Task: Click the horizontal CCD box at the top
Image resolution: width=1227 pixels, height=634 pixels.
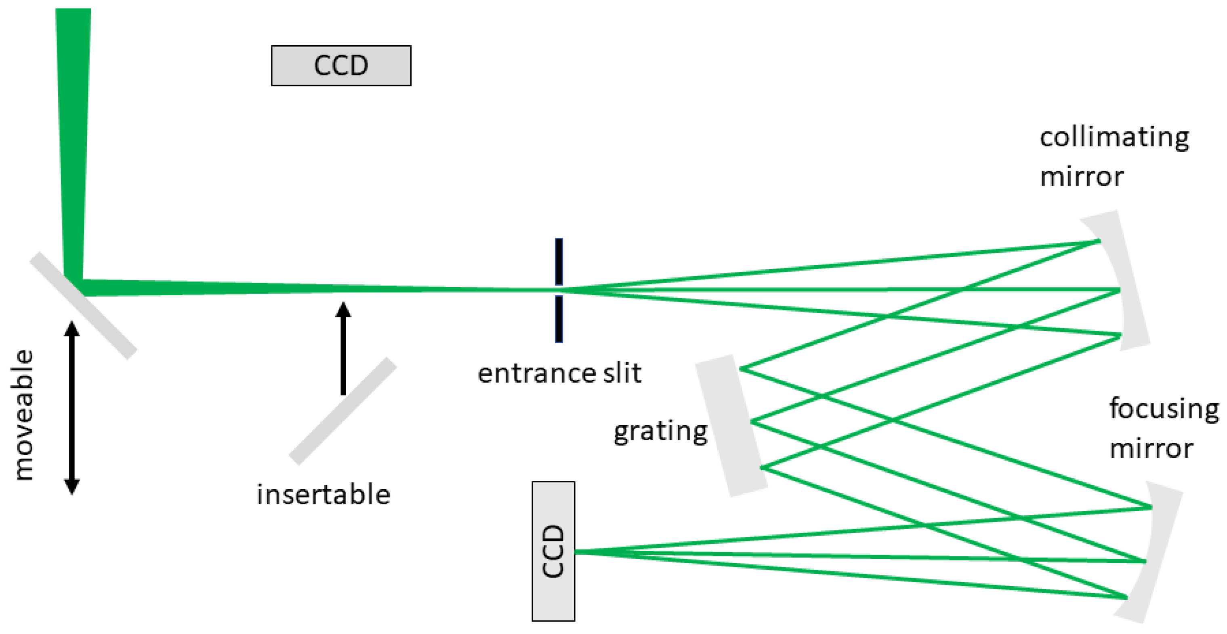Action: coord(341,66)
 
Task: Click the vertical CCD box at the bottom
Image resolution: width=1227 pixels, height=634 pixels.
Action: coord(553,551)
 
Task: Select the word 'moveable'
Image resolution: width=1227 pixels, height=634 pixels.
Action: coord(23,415)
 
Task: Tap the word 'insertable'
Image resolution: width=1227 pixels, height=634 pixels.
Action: coord(324,495)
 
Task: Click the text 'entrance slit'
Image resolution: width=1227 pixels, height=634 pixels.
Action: coord(559,373)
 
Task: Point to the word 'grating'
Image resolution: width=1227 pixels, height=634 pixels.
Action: coord(660,431)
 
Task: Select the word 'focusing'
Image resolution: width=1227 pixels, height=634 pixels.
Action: coord(1164,409)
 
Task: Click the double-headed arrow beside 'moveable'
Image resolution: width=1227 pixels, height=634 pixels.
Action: coord(72,408)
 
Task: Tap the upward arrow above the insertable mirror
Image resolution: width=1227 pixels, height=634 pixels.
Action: coord(343,348)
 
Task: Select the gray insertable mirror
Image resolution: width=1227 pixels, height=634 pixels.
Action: coord(343,411)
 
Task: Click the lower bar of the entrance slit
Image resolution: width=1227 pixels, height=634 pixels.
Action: coord(559,319)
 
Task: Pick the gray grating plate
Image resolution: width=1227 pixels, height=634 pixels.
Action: coord(731,426)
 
